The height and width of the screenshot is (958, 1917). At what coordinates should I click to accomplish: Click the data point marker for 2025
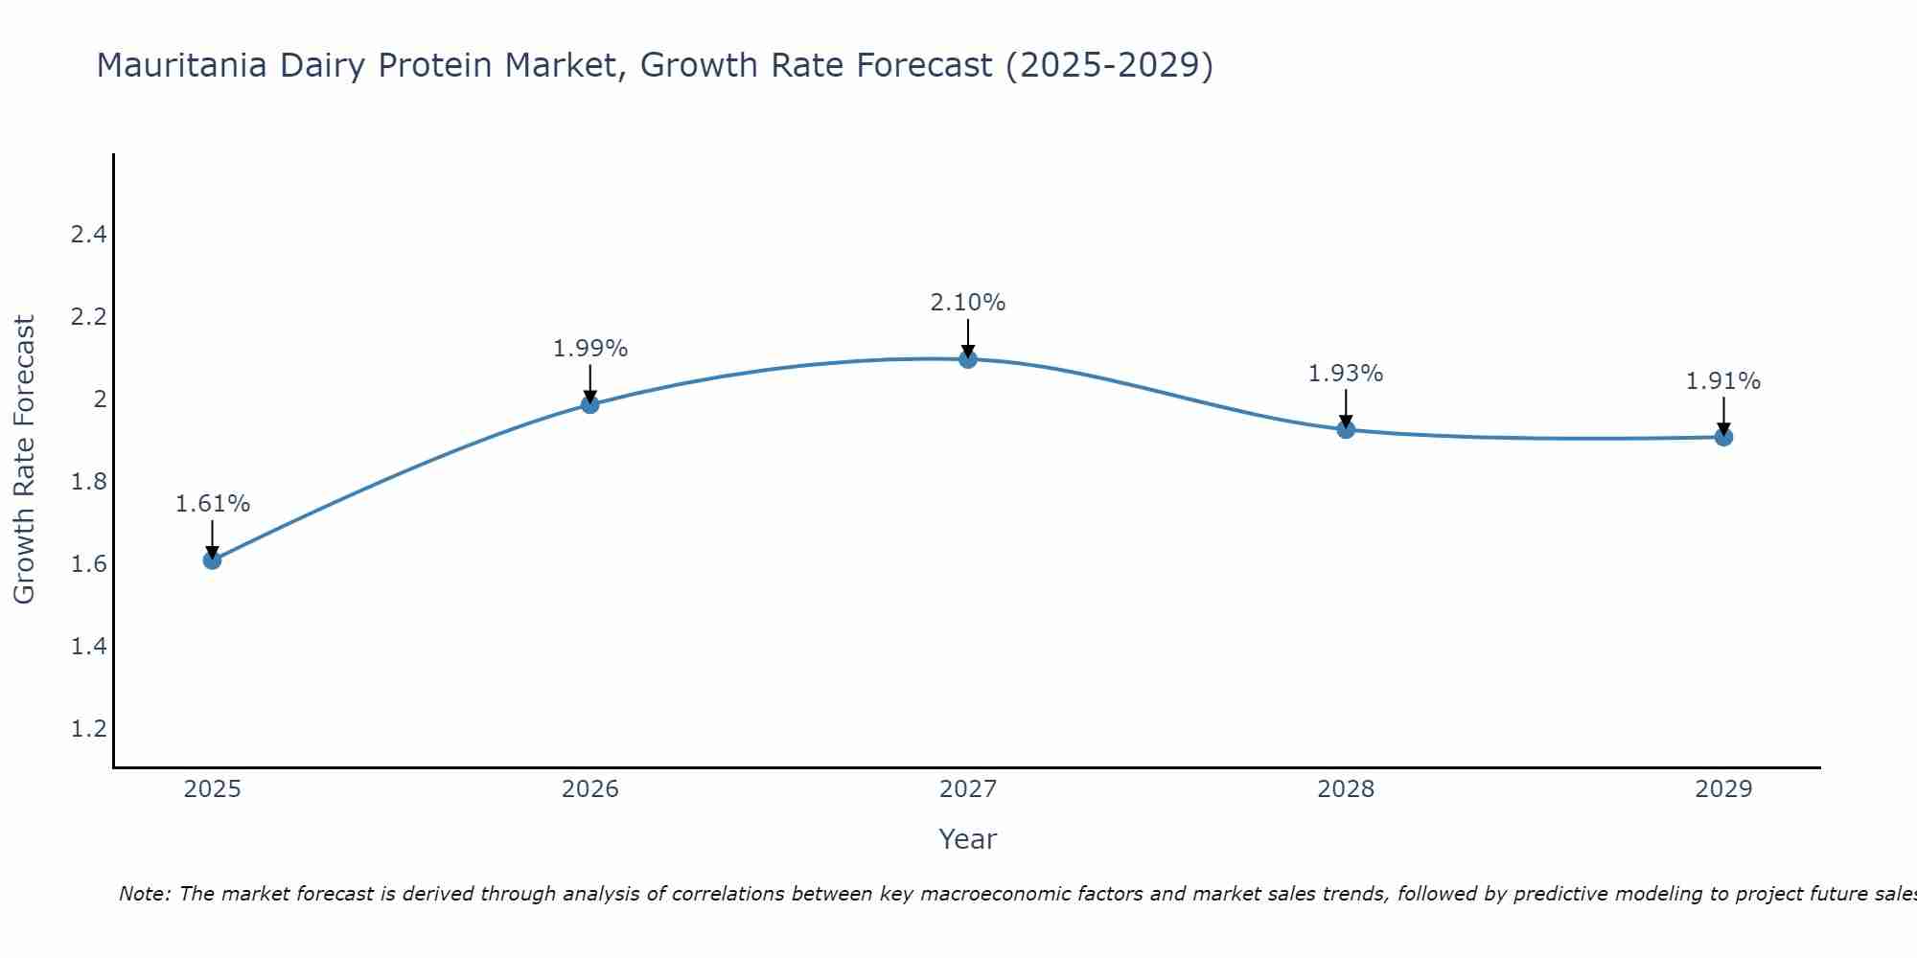[x=213, y=559]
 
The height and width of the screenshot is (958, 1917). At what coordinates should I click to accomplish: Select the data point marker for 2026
[x=590, y=404]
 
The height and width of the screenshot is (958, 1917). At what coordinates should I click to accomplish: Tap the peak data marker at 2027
[x=968, y=359]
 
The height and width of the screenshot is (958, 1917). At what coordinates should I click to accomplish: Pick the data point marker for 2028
[x=1346, y=429]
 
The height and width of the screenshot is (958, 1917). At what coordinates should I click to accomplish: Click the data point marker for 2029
[x=1723, y=437]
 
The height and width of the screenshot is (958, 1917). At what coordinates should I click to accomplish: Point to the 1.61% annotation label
[x=213, y=504]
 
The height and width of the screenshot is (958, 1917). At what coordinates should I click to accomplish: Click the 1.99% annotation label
[x=590, y=349]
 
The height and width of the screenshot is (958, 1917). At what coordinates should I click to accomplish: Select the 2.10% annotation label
[x=968, y=303]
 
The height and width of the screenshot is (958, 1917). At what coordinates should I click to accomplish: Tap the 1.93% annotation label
[x=1346, y=374]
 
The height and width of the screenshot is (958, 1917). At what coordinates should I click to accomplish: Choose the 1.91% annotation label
[x=1723, y=381]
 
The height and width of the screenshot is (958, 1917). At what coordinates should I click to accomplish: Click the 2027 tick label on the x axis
[x=968, y=789]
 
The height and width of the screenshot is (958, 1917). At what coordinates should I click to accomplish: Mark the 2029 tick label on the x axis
[x=1723, y=789]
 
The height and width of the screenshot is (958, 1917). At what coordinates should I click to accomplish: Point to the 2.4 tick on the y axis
[x=88, y=235]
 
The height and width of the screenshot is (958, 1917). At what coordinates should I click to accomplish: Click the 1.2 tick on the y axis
[x=88, y=729]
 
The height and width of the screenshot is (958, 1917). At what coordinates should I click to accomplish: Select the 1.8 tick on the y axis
[x=88, y=482]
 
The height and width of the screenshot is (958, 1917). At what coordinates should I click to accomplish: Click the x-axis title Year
[x=968, y=839]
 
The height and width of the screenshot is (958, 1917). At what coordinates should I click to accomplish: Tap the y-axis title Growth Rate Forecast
[x=25, y=460]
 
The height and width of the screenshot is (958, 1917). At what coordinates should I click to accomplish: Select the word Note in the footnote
[x=144, y=894]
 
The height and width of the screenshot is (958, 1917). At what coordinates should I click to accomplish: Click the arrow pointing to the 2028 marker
[x=1346, y=409]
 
